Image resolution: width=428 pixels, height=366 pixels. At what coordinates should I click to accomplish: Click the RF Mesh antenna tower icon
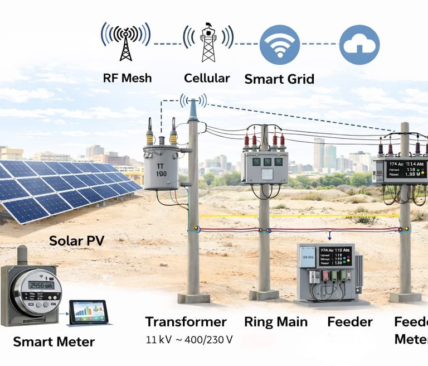coord(126,42)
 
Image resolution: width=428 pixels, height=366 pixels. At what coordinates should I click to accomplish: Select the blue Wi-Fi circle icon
coord(280,44)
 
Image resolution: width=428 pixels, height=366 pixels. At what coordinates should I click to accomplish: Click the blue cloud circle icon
coord(359,44)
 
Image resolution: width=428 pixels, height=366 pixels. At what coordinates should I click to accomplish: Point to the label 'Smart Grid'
coord(279,79)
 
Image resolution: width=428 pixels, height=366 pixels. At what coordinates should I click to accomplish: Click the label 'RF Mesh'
coord(127,78)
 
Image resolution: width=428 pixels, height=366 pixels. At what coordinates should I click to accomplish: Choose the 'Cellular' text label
coord(207,78)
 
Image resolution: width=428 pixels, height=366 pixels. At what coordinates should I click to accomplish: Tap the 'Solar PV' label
coord(77,241)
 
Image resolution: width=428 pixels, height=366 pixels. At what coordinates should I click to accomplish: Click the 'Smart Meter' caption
coord(54,341)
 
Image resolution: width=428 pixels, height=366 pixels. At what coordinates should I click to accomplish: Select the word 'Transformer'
coord(186,322)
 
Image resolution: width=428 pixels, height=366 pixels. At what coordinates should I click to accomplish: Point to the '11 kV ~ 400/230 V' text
coord(189,339)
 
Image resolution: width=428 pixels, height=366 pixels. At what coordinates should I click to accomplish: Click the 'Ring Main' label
coord(276,322)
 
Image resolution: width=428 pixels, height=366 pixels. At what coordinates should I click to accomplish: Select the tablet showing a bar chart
coord(90,312)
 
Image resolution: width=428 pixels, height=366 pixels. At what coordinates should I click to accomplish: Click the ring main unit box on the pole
coord(265,167)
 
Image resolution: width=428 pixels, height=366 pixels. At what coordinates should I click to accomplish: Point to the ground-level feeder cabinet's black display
coord(335,257)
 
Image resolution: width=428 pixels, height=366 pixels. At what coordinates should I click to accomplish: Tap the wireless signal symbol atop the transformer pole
coord(193,100)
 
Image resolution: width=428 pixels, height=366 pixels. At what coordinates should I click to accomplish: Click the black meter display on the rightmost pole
coord(405,169)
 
